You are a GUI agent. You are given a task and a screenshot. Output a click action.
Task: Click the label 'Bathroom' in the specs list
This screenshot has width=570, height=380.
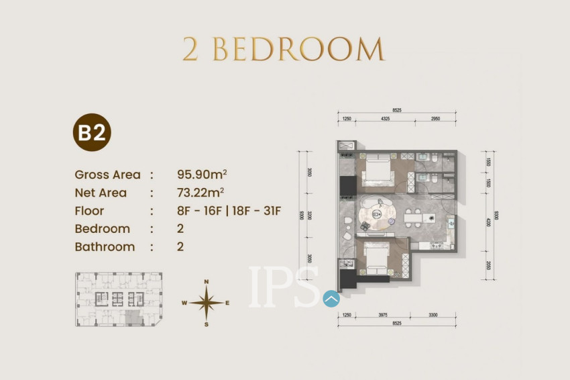pyautogui.click(x=105, y=246)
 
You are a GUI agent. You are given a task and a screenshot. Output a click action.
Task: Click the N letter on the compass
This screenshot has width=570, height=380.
pyautogui.click(x=207, y=282)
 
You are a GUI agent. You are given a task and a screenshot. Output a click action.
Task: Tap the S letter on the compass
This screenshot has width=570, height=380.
pyautogui.click(x=207, y=324)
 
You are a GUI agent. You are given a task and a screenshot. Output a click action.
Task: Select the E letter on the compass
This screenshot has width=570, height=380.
pyautogui.click(x=227, y=303)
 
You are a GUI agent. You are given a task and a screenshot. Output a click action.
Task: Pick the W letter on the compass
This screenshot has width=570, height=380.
pyautogui.click(x=184, y=303)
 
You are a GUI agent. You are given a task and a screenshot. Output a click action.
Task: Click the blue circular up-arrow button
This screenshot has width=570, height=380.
pyautogui.click(x=331, y=298)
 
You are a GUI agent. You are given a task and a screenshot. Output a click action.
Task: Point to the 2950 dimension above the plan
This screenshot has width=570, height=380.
pyautogui.click(x=436, y=119)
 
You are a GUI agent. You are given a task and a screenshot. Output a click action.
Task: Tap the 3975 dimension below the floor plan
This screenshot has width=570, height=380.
pyautogui.click(x=382, y=314)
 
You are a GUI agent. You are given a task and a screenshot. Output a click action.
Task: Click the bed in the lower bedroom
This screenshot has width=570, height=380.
pyautogui.click(x=377, y=258)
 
